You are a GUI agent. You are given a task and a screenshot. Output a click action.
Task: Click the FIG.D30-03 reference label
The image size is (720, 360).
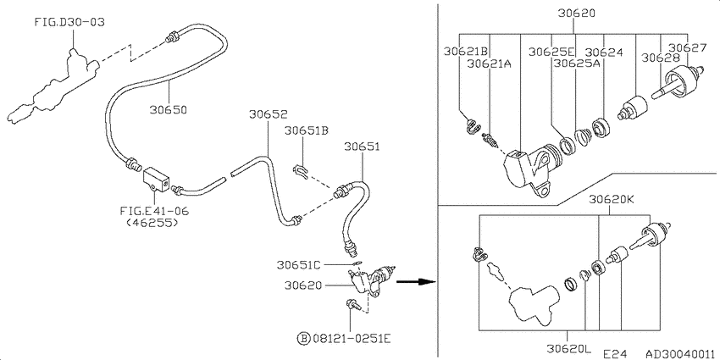[69, 22]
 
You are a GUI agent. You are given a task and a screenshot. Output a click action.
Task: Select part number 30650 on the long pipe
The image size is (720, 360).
[168, 110]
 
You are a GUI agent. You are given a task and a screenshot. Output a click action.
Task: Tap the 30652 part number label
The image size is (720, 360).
[269, 114]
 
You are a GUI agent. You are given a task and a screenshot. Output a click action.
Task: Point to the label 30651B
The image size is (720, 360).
[307, 130]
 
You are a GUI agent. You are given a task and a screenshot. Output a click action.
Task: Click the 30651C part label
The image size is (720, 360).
[299, 264]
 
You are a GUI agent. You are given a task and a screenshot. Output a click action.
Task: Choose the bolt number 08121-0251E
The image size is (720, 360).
[352, 339]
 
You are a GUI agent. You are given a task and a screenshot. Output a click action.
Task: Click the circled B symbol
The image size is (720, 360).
[304, 339]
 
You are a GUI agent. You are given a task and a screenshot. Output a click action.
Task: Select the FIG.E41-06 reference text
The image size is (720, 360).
[154, 211]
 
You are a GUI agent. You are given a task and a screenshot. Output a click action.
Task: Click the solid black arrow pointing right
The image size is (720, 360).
[415, 281]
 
